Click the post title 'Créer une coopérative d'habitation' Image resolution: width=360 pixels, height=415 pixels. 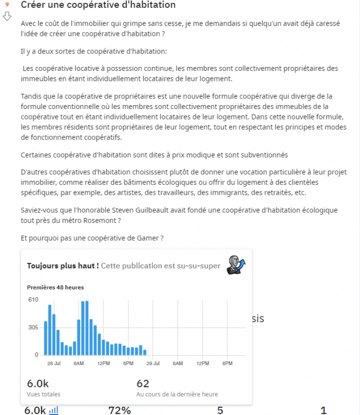coord(98,6)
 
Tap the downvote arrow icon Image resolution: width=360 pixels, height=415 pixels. coord(7,16)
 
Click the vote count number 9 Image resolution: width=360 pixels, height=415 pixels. coord(7,5)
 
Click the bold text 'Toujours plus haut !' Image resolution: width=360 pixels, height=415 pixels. coord(63,266)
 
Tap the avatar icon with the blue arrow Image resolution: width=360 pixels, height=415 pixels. coord(236,264)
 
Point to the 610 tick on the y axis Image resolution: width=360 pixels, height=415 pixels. coord(33,300)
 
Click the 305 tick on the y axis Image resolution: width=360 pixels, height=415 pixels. coord(33,328)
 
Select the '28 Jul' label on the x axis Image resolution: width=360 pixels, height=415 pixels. coord(54,364)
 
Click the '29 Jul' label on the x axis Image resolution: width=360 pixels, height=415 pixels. coord(153,364)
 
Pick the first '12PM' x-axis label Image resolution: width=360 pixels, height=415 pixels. coord(103,364)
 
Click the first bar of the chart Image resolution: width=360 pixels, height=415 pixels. coord(45,338)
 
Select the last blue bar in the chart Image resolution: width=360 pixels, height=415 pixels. coord(145,352)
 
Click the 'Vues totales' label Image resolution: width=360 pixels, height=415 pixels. coord(44,395)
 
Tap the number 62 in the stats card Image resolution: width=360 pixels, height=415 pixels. coord(143,383)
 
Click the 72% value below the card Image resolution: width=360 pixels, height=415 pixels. coord(119,410)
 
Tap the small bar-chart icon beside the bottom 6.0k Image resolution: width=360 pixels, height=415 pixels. coord(54,410)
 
